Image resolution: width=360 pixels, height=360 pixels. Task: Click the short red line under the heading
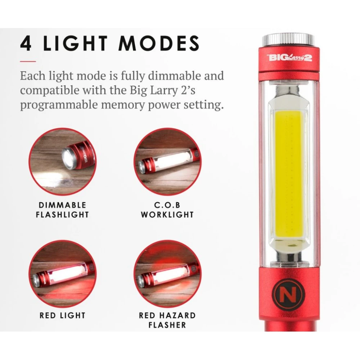pos(28,61)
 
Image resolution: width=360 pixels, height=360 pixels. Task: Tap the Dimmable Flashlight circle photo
pos(62,162)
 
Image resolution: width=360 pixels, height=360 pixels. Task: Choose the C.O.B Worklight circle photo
pos(167,162)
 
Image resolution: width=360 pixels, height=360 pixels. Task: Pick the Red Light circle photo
pos(62,274)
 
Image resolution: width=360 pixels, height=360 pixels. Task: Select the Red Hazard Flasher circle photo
pos(167,274)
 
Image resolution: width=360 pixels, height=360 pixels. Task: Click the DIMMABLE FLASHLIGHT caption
pos(62,210)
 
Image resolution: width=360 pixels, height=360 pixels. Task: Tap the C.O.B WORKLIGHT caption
pos(167,210)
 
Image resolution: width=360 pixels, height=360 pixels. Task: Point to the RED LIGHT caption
pos(62,315)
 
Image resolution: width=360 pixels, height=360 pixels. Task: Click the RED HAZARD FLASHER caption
pos(167,320)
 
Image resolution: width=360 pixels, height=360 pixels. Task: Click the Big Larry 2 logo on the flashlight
pos(289,57)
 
